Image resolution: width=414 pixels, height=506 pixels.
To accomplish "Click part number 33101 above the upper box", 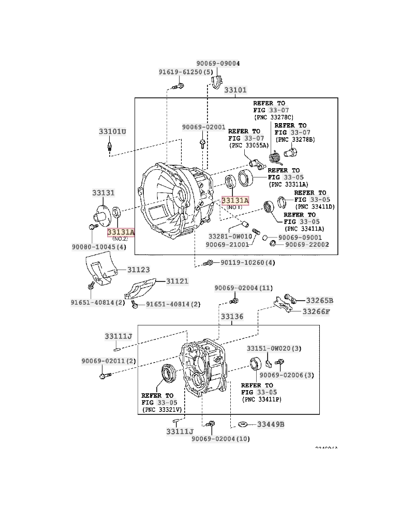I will pos(235,90).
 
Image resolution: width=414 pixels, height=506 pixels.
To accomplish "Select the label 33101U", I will pos(112,131).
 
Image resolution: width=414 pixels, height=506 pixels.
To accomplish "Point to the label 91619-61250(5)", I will pos(186,72).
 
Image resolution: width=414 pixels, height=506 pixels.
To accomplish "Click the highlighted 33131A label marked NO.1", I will pos(235,200).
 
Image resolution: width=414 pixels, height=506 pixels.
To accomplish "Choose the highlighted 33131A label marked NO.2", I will pos(121,232).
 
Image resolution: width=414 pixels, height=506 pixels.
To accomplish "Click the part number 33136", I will pos(232,316).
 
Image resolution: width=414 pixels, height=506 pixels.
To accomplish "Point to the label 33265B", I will pos(319,300).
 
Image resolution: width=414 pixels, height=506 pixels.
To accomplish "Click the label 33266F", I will pos(316,311).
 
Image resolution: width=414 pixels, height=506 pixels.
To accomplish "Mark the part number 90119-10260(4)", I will pos(247,263).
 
